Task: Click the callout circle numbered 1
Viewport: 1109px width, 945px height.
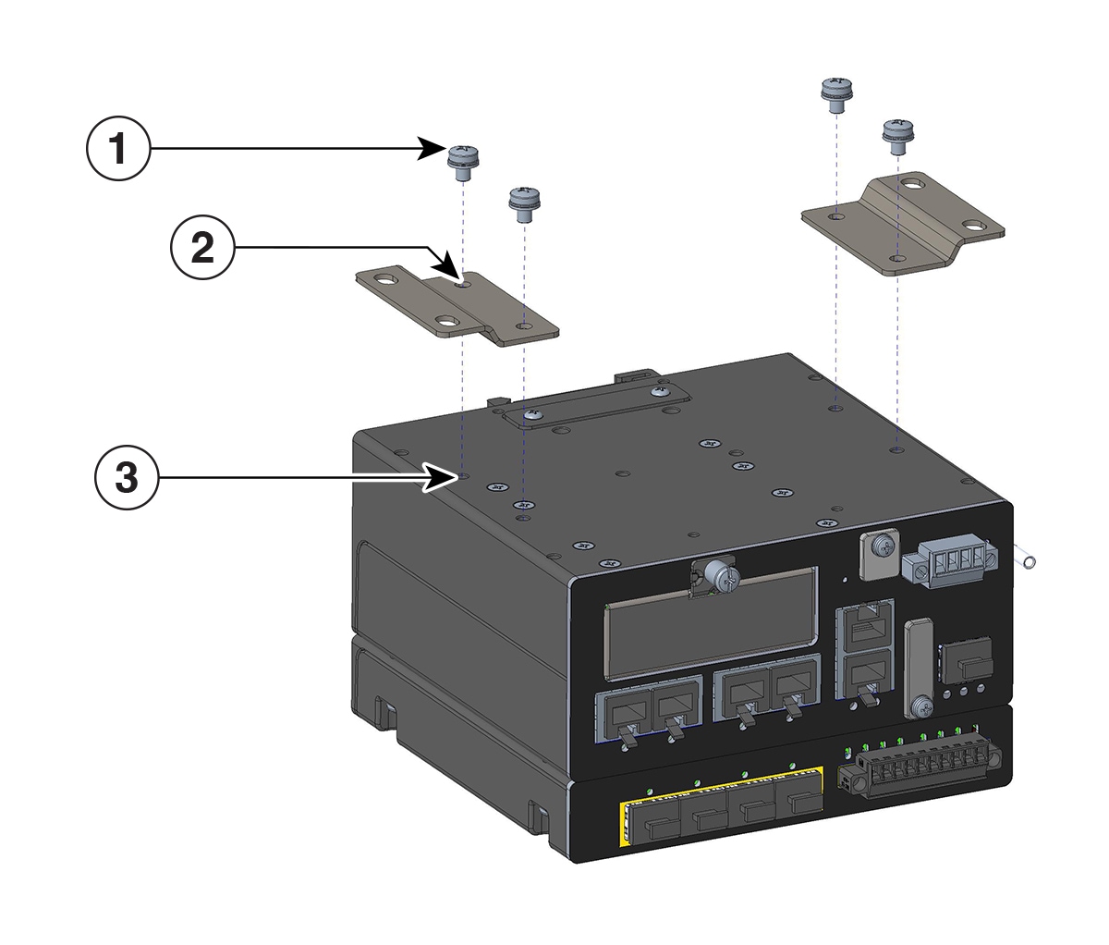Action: pos(117,148)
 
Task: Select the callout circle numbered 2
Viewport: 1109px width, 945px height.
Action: pos(202,248)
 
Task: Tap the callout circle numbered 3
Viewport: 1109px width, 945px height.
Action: pos(127,477)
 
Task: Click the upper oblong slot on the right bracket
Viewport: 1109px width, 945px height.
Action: pos(912,185)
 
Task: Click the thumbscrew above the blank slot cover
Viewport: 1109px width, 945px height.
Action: pos(722,577)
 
